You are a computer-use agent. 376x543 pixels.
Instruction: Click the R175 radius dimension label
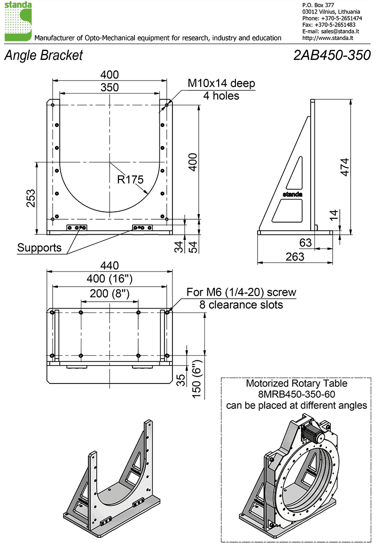130,179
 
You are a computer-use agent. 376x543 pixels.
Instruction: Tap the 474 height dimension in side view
345,167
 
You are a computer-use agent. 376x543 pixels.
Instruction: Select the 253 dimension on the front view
31,199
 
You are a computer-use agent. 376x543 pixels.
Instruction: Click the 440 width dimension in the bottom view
110,265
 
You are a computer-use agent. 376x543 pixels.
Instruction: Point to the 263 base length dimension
295,256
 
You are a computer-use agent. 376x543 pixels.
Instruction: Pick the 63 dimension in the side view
306,242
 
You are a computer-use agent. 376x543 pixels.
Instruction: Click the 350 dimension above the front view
110,87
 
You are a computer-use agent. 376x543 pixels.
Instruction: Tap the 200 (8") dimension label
110,294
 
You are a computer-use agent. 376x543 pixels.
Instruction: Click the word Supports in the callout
39,248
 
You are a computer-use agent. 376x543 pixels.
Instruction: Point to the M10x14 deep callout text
221,83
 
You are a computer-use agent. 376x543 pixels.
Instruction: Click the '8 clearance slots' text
241,305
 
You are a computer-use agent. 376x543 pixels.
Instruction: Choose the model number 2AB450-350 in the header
332,55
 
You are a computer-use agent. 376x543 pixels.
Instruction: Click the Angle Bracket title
44,56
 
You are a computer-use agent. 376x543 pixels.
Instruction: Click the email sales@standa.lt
340,32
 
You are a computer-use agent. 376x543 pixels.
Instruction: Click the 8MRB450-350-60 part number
297,394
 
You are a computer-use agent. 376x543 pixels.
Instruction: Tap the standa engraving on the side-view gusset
293,194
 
